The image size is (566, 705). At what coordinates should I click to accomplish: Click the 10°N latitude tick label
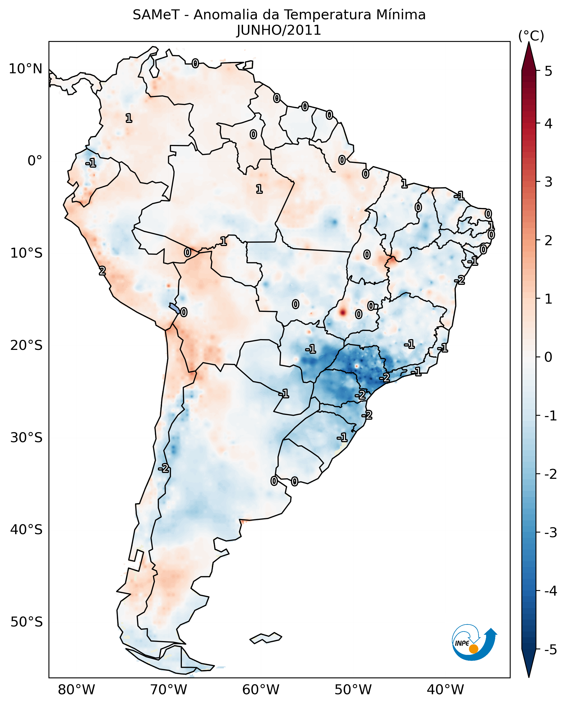26,69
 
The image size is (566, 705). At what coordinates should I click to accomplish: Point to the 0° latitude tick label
35,161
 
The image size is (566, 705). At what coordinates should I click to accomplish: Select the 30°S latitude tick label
26,437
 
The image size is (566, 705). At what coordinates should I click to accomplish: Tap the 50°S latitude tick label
26,622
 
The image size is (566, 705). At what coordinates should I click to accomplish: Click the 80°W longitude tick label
76,690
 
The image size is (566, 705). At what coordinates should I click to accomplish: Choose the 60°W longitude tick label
261,690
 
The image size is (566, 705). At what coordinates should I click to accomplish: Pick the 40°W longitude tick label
445,690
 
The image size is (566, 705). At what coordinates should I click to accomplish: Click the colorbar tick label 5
548,71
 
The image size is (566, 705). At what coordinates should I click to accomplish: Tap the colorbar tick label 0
548,357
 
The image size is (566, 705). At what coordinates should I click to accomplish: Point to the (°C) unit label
531,36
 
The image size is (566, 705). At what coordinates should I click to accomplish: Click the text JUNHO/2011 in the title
279,30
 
